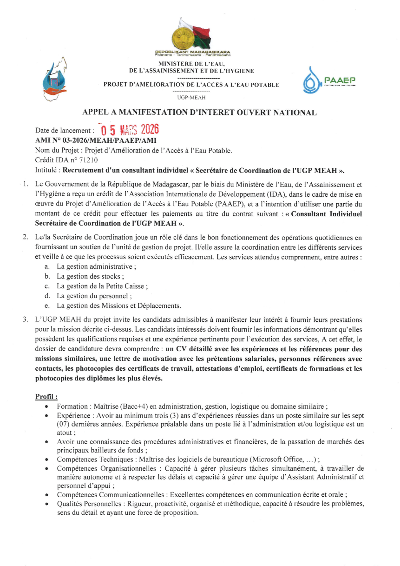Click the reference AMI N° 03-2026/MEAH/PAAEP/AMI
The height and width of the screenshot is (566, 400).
point(96,140)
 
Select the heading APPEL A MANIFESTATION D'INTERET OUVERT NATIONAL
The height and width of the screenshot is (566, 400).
point(199,112)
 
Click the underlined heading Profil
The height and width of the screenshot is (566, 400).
point(46,397)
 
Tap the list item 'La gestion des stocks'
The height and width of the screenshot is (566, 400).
point(90,276)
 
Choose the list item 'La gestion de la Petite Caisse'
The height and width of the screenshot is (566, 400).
point(102,286)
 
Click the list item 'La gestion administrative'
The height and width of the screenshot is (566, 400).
point(96,266)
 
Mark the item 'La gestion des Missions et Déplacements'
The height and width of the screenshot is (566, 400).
point(118,306)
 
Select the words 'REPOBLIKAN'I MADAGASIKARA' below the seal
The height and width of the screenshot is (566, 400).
point(192,52)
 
